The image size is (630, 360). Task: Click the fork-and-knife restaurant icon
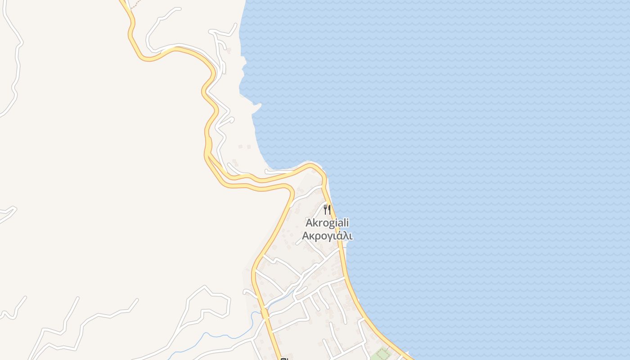[x=327, y=209]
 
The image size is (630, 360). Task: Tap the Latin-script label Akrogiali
[x=327, y=223]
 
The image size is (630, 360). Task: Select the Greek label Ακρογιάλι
[x=327, y=236]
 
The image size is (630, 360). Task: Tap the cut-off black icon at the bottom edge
[x=283, y=359]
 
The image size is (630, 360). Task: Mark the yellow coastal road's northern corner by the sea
[x=315, y=166]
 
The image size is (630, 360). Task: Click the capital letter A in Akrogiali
[x=309, y=223]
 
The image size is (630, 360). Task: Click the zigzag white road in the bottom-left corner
[x=67, y=324]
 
